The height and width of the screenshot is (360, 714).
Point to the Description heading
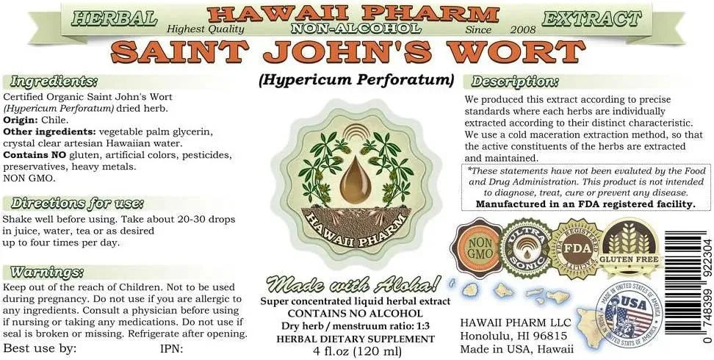(x=515, y=82)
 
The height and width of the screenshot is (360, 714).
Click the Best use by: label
(x=40, y=348)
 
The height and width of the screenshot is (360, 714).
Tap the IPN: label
(x=172, y=348)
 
